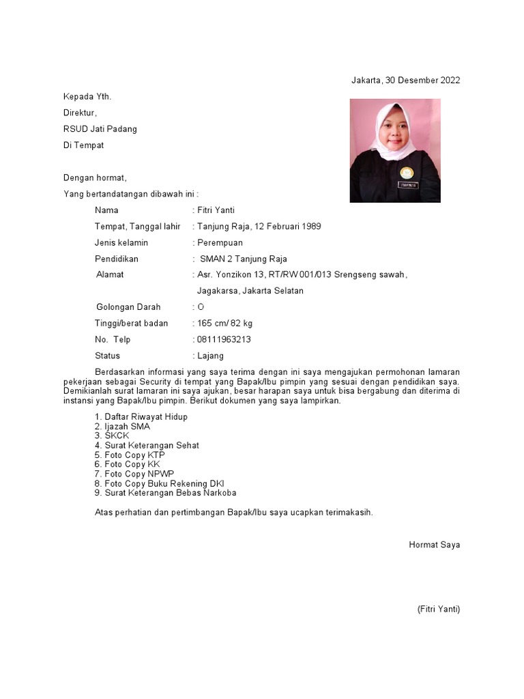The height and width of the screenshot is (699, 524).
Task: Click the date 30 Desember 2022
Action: (x=422, y=80)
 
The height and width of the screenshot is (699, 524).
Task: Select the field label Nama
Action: (x=106, y=210)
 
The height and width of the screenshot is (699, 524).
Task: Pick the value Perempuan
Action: (x=219, y=242)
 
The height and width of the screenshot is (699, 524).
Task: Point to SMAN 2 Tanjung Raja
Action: (x=243, y=259)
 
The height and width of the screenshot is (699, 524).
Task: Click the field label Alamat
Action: (x=110, y=274)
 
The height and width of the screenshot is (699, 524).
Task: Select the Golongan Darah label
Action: (x=128, y=307)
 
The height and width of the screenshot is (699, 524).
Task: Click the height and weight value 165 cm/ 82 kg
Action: (x=224, y=324)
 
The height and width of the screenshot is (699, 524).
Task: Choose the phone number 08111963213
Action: (x=223, y=339)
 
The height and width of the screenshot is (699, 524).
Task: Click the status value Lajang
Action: (x=209, y=356)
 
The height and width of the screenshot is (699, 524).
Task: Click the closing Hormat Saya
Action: (x=434, y=545)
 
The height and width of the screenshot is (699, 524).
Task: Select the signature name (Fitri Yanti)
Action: (x=438, y=609)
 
